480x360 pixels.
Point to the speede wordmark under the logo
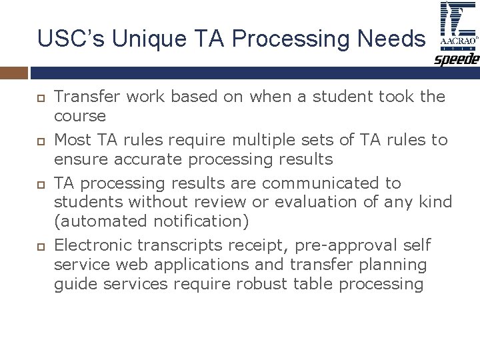(457, 60)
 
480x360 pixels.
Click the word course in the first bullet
(79, 115)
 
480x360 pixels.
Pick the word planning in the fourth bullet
(393, 265)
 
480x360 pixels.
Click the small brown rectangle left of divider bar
(14, 72)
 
